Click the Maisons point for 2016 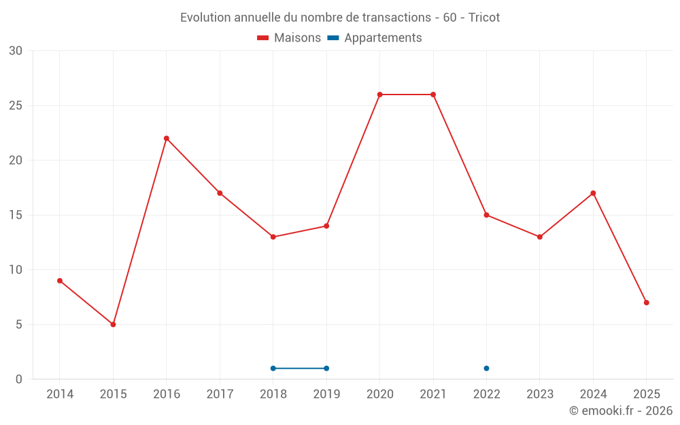pos(167,139)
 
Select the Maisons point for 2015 pos(113,324)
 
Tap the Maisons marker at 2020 pos(379,95)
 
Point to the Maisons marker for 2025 pos(646,303)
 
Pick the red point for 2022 pos(486,215)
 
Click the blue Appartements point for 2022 pos(486,369)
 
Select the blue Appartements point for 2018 pos(273,369)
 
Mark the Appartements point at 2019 pos(326,369)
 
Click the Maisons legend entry pos(289,38)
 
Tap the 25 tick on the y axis pos(15,106)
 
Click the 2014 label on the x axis pos(60,394)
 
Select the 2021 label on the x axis pos(433,394)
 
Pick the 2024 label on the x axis pos(593,394)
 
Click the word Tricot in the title pos(484,18)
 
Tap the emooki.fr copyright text pos(621,411)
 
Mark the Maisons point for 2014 pos(60,281)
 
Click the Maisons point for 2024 pos(593,193)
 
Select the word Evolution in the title pos(203,18)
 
